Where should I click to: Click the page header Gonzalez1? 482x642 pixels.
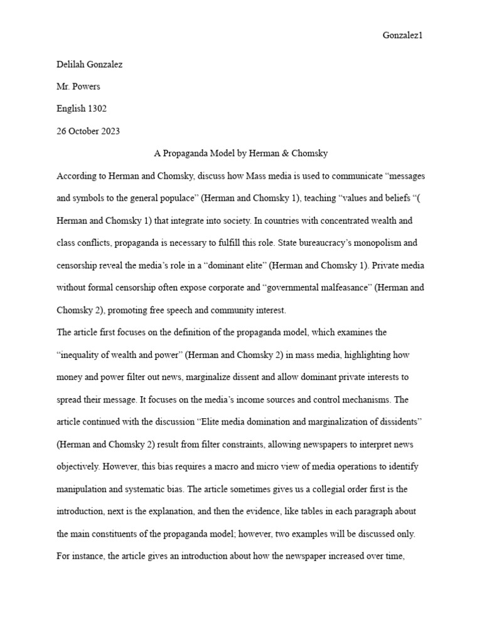click(x=403, y=36)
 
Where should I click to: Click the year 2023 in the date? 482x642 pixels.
click(x=110, y=131)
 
